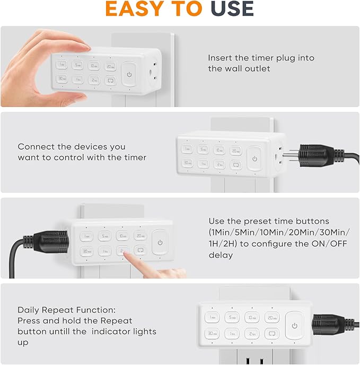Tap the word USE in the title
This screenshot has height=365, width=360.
tap(232, 8)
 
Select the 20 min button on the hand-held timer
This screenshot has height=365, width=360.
tap(110, 66)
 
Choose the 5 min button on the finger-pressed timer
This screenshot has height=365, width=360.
tap(104, 236)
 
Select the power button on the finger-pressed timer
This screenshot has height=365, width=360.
tap(160, 243)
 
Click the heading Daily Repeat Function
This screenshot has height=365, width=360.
tap(66, 310)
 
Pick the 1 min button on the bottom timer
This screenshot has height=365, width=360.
tap(212, 318)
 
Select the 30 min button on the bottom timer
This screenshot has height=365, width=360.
tap(212, 334)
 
